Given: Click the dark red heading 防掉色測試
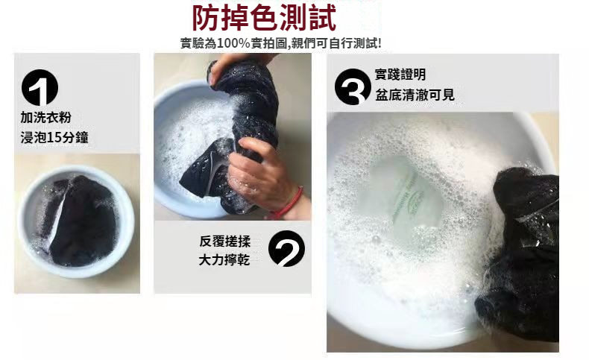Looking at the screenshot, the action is point(264,18).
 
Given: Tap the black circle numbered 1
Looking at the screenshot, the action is point(40,87).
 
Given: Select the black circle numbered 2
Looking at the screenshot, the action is point(286,248).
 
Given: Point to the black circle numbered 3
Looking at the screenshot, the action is point(353,86).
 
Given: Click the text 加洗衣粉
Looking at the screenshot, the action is point(45,118).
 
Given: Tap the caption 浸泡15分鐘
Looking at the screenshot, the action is point(54,137).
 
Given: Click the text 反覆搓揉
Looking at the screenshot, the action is point(224,241).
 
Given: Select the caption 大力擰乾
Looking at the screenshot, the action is point(224,260).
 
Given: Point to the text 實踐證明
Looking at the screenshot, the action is point(400,75).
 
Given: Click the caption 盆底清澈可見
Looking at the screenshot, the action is point(415,95).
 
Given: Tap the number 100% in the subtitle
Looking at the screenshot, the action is point(233,43).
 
